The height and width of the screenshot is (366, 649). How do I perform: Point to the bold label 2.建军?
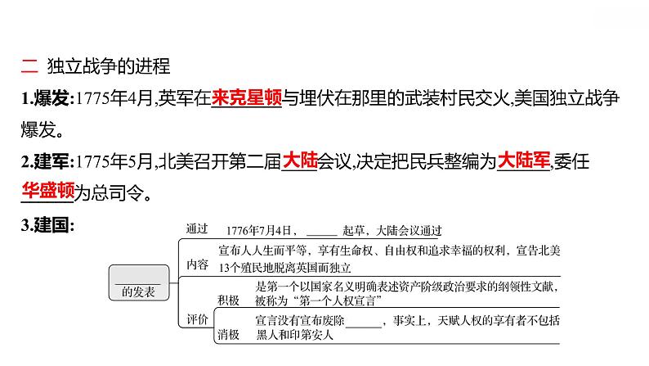(x=46, y=162)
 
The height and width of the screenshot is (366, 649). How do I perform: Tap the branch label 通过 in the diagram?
(x=198, y=228)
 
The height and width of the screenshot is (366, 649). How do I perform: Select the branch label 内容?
(x=198, y=264)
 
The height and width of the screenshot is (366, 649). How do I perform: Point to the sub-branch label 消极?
(x=229, y=335)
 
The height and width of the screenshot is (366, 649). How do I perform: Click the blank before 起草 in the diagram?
(x=320, y=231)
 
